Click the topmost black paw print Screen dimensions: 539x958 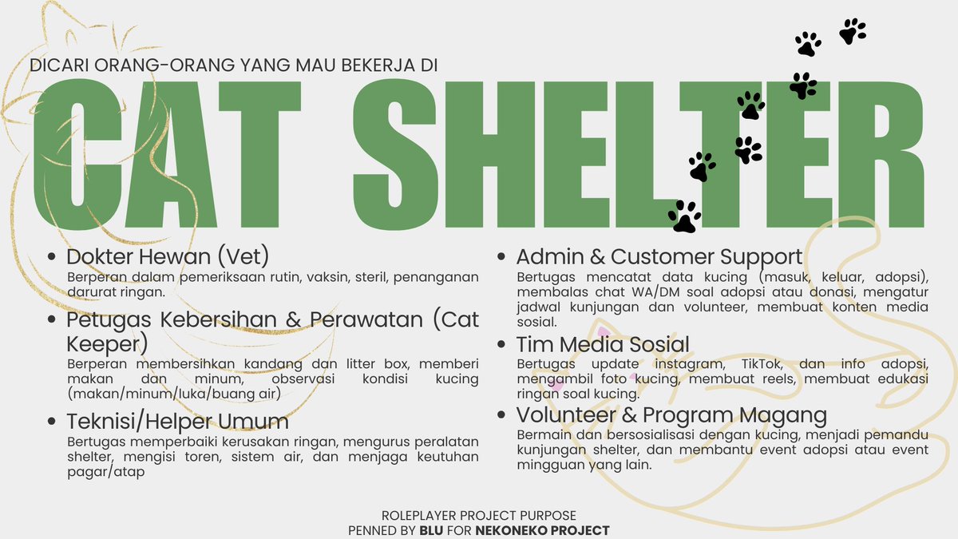[x=853, y=31]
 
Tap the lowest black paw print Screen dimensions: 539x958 [x=684, y=216]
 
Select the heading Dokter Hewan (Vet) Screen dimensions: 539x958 [x=167, y=257]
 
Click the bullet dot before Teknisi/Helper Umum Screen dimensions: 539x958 [x=53, y=422]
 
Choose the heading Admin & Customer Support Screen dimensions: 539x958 [x=659, y=257]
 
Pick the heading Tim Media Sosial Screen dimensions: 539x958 [x=603, y=345]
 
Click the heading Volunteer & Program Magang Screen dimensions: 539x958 [x=671, y=415]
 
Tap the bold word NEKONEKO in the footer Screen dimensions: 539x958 [x=513, y=530]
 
